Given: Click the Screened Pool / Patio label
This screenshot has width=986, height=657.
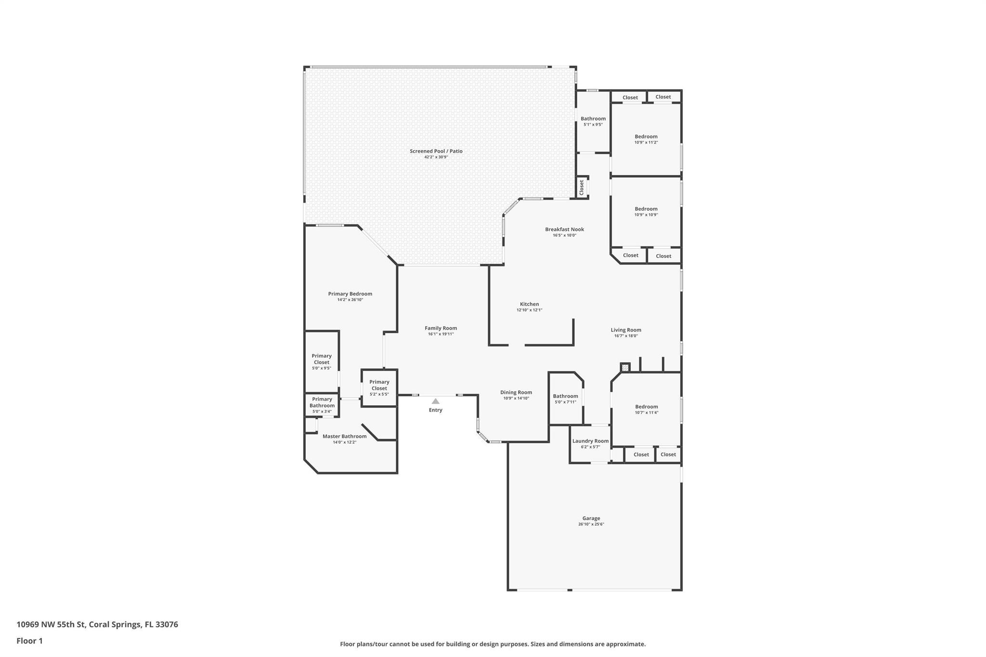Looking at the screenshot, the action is pyautogui.click(x=436, y=151).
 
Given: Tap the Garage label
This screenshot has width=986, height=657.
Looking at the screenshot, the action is pyautogui.click(x=591, y=518).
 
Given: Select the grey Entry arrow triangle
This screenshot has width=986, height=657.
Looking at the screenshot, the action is pyautogui.click(x=435, y=401).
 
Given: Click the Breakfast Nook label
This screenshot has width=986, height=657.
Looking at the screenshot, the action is pyautogui.click(x=564, y=229).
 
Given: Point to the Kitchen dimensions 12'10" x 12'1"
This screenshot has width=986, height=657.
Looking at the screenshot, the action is pyautogui.click(x=529, y=310).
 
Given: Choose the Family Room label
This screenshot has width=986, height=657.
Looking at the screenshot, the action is pyautogui.click(x=441, y=328).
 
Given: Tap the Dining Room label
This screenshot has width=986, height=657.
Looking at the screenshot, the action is pyautogui.click(x=516, y=392).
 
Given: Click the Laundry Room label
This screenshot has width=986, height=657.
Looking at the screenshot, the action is pyautogui.click(x=590, y=441).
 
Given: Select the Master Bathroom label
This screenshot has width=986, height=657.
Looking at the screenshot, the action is pyautogui.click(x=344, y=436).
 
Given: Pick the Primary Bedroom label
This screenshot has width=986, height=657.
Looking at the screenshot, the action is pyautogui.click(x=350, y=294).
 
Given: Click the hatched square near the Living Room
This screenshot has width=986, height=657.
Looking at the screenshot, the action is pyautogui.click(x=625, y=367).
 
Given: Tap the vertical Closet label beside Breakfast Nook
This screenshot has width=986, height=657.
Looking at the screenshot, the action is pyautogui.click(x=582, y=187).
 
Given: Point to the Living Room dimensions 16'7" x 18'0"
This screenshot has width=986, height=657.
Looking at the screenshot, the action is pyautogui.click(x=626, y=336).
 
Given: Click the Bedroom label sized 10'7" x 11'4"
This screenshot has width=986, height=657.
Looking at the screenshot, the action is pyautogui.click(x=646, y=407).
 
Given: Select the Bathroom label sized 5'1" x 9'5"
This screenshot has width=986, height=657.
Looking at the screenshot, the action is pyautogui.click(x=593, y=118).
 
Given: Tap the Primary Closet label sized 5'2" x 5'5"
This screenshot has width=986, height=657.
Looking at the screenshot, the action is pyautogui.click(x=379, y=385).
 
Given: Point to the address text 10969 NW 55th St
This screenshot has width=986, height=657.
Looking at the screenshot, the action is pyautogui.click(x=52, y=624).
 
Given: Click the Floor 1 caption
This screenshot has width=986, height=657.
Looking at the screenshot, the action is pyautogui.click(x=29, y=641).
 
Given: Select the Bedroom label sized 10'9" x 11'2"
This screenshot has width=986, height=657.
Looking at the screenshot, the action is pyautogui.click(x=646, y=136).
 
